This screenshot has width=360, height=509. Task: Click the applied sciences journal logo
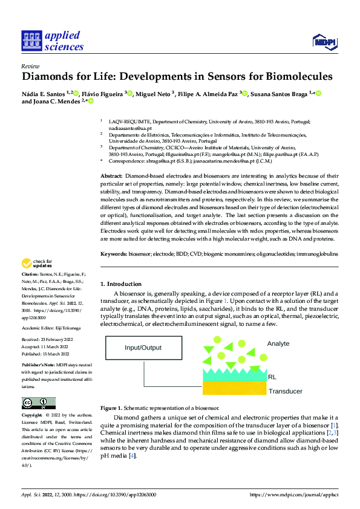point(52,41)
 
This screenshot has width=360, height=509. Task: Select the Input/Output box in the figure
point(143,348)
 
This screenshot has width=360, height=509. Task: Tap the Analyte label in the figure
point(278,343)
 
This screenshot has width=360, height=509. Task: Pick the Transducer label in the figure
point(285,391)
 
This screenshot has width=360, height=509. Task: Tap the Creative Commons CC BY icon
point(38,403)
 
